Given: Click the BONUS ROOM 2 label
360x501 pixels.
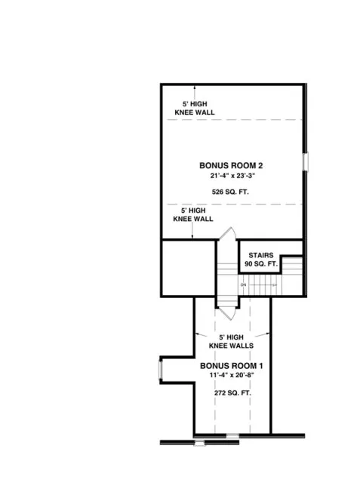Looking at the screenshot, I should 230,164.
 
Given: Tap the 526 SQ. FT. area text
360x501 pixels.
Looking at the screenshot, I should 230,192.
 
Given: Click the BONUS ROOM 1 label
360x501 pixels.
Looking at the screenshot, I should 231,366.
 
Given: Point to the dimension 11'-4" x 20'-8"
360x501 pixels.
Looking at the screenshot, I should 231,376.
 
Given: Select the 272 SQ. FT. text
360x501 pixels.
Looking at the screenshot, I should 231,394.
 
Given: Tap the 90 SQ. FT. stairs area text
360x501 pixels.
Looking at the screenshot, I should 260,265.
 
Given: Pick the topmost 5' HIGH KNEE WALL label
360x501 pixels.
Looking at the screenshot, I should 194,107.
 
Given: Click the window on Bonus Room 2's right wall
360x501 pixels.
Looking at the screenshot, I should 306,163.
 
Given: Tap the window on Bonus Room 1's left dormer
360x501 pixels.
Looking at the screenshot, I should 160,370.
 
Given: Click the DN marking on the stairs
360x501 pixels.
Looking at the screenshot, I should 243,285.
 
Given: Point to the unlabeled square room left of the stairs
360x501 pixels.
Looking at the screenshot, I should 189,268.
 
